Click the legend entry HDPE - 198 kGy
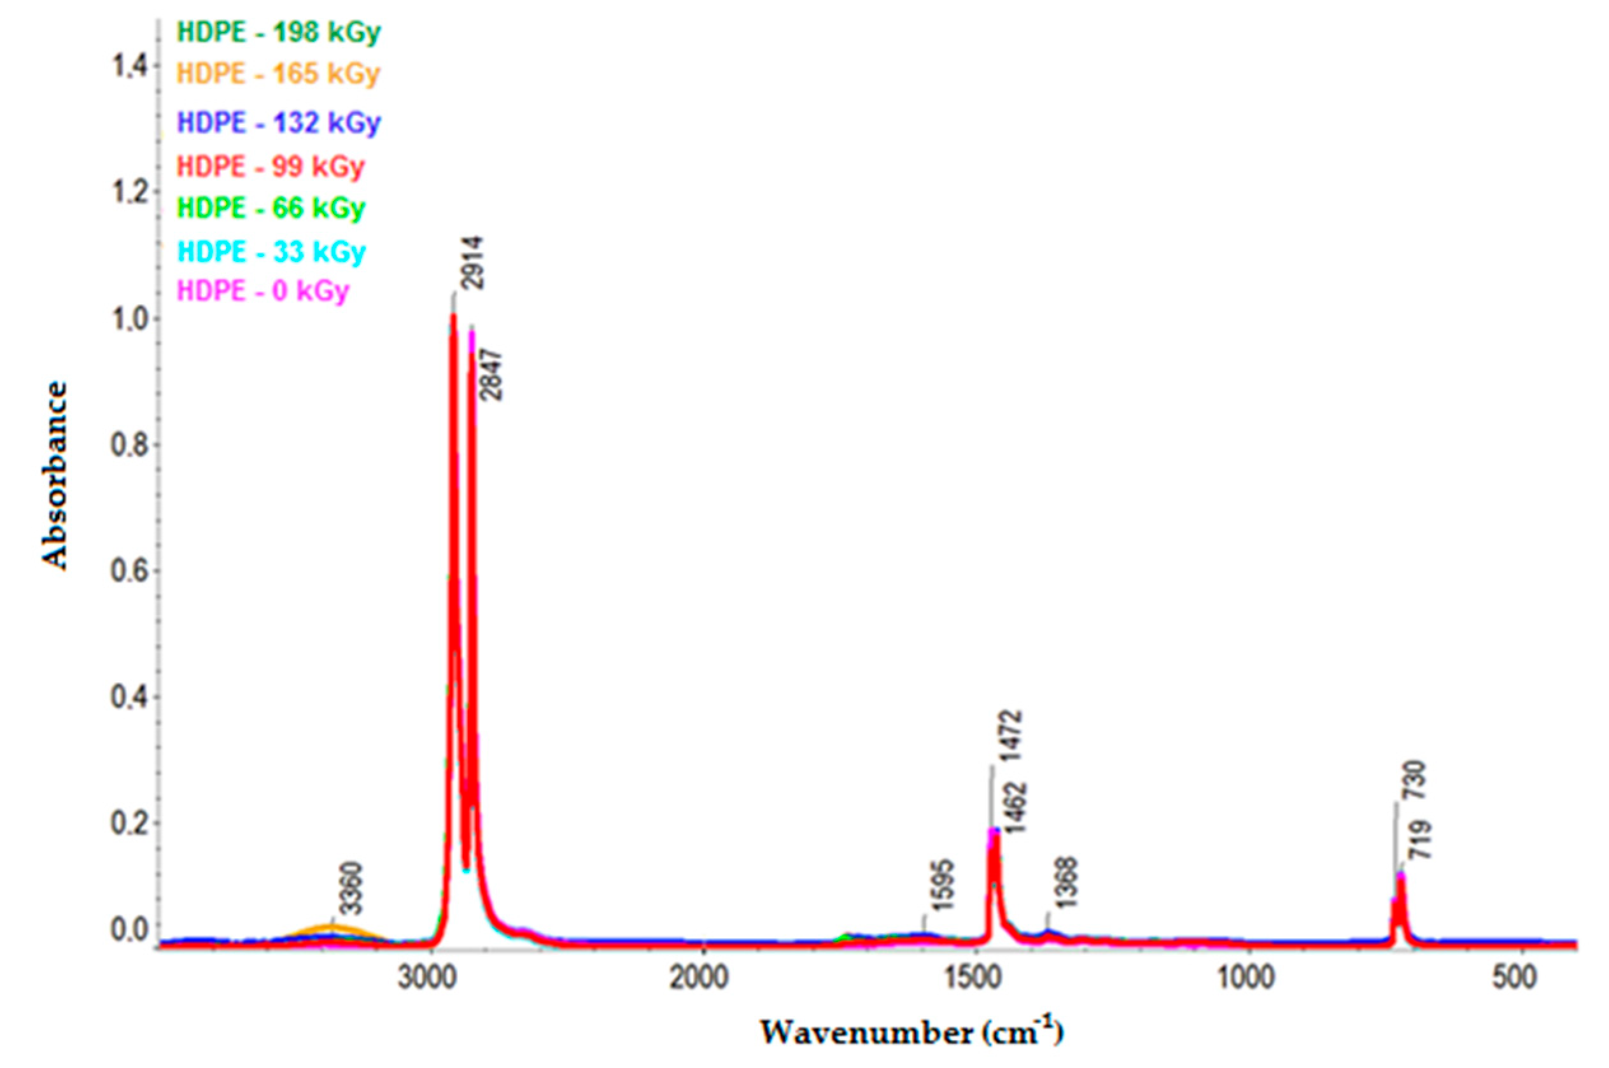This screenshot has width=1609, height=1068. coord(279,32)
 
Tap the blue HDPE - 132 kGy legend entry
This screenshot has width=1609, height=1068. coord(279,123)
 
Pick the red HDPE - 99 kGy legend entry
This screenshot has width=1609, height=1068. coord(271,166)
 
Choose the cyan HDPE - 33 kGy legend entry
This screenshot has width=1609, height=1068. coord(271,251)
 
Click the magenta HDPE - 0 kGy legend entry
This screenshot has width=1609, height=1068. coord(263,291)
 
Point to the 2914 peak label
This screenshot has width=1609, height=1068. coord(470,263)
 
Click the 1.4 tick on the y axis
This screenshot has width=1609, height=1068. coord(128,66)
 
